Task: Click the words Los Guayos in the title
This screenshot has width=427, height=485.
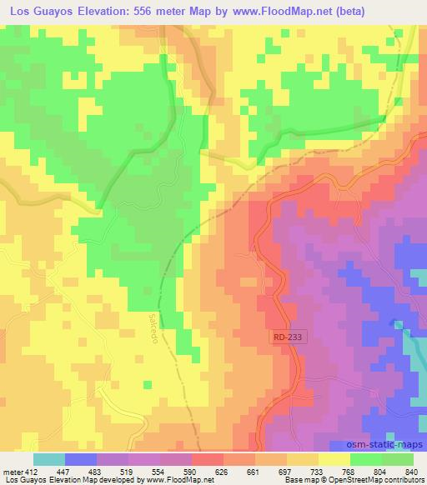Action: tap(36, 10)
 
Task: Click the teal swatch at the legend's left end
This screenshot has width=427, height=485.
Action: tap(49, 459)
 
